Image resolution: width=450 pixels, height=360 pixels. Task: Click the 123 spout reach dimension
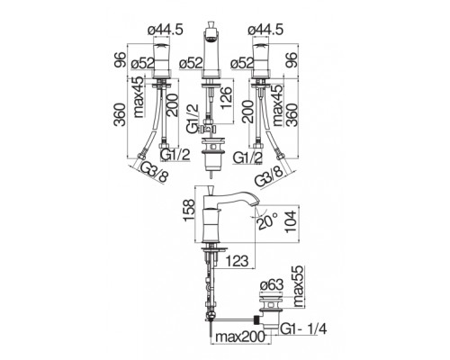pos(237,261)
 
